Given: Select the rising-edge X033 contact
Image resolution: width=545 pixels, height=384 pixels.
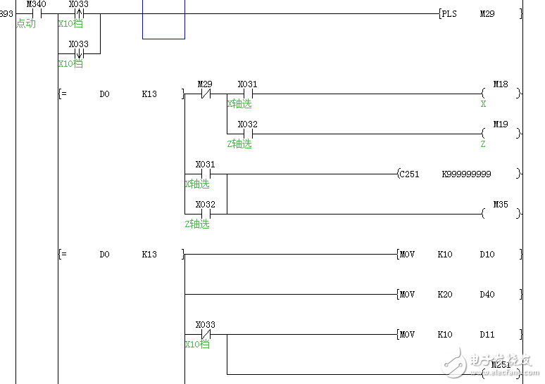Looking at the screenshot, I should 79,13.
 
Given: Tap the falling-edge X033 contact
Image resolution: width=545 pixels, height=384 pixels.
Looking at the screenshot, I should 79,53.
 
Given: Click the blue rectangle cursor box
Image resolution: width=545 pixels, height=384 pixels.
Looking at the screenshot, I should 163,19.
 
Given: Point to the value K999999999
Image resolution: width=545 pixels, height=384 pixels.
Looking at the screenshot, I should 466,174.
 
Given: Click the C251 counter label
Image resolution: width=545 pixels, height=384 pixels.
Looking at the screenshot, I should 410,174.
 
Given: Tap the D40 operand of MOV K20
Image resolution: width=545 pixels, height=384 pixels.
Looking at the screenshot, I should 487,295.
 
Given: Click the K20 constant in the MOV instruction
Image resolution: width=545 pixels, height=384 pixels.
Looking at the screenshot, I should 445,295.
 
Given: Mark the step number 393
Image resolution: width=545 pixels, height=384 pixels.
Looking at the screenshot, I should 6,13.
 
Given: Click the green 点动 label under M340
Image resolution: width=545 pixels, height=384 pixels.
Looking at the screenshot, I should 26,23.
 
